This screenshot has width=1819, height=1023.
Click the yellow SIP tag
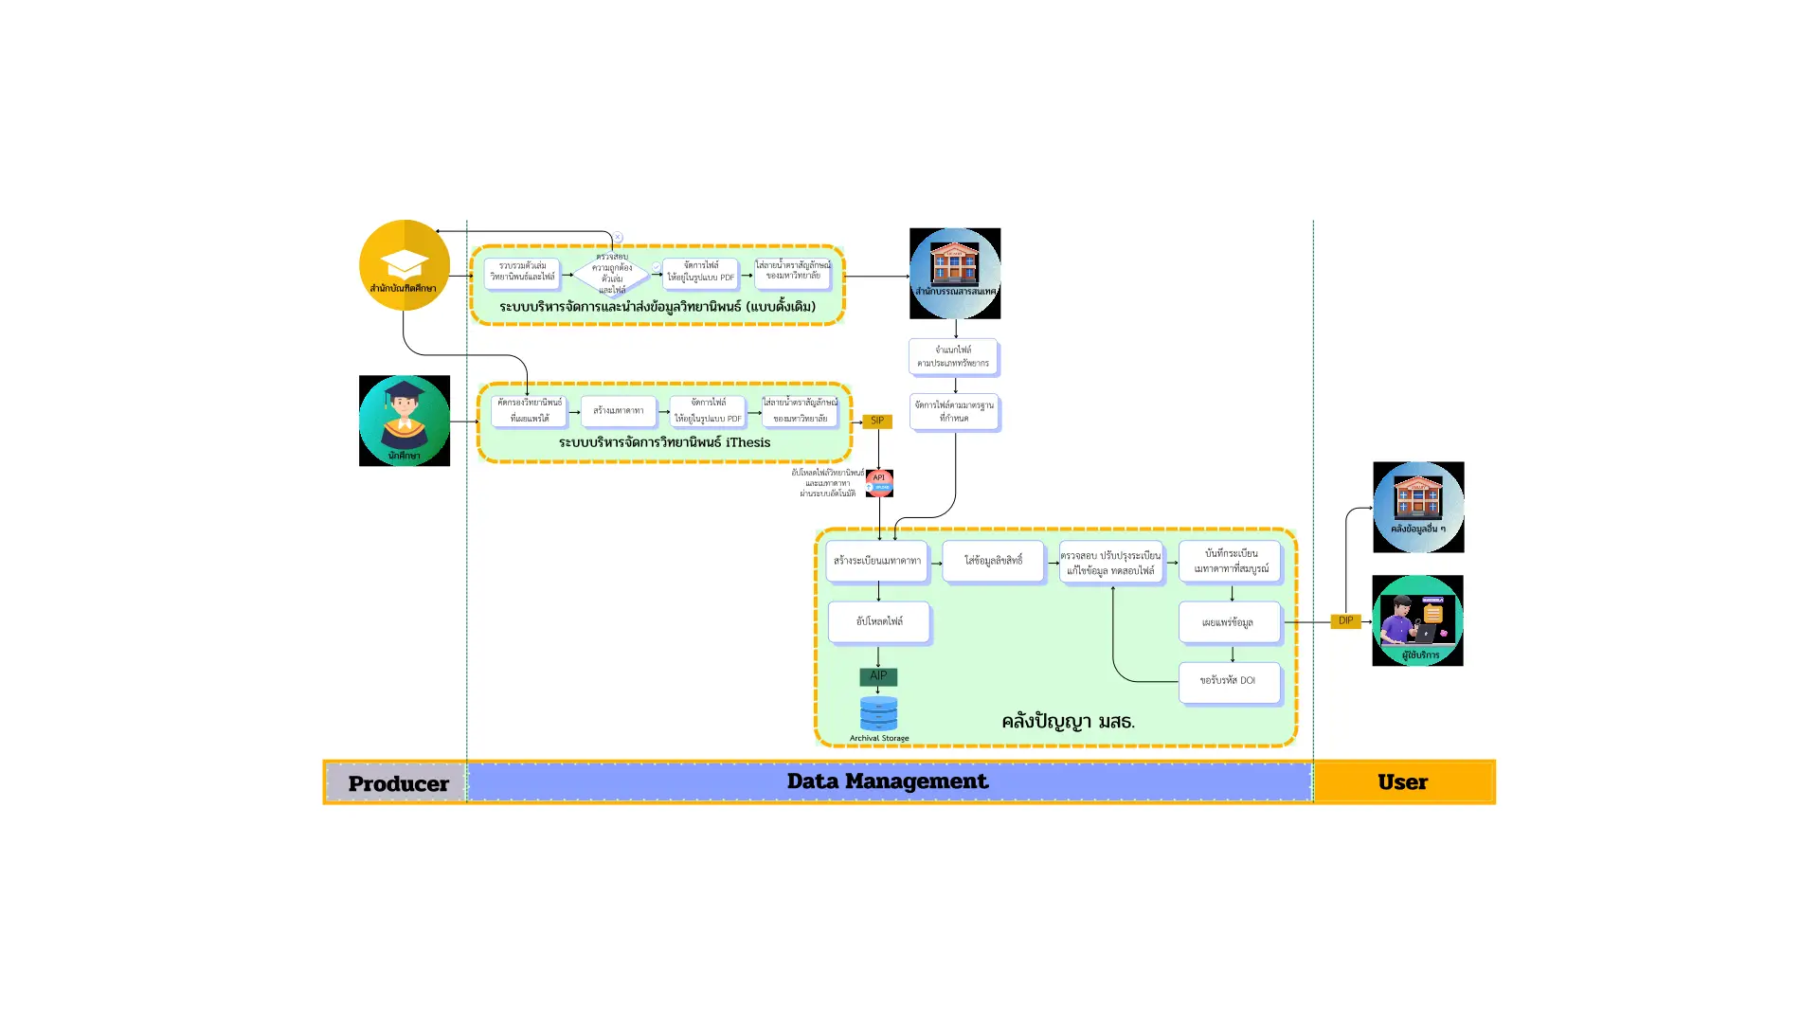(877, 422)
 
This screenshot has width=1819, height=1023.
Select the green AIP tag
(878, 676)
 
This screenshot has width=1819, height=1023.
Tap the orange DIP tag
(1345, 621)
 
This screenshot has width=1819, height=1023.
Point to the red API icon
(879, 483)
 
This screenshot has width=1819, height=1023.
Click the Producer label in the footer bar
(398, 783)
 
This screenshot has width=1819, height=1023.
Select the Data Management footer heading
(888, 781)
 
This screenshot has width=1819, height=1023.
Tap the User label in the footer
(1402, 782)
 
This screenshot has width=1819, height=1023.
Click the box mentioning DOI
(1229, 681)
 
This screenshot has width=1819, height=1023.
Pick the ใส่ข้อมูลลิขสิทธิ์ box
(993, 561)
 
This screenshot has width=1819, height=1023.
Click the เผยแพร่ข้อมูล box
(1229, 622)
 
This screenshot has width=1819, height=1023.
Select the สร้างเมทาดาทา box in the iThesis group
(618, 411)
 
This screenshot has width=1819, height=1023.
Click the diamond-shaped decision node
(612, 275)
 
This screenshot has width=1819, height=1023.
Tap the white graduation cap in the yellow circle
(405, 261)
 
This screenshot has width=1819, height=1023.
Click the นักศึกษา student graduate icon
(405, 419)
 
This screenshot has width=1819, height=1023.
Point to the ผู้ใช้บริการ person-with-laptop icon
(1417, 620)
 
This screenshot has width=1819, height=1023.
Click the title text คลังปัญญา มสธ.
(1068, 722)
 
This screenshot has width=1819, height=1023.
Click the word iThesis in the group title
(748, 442)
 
